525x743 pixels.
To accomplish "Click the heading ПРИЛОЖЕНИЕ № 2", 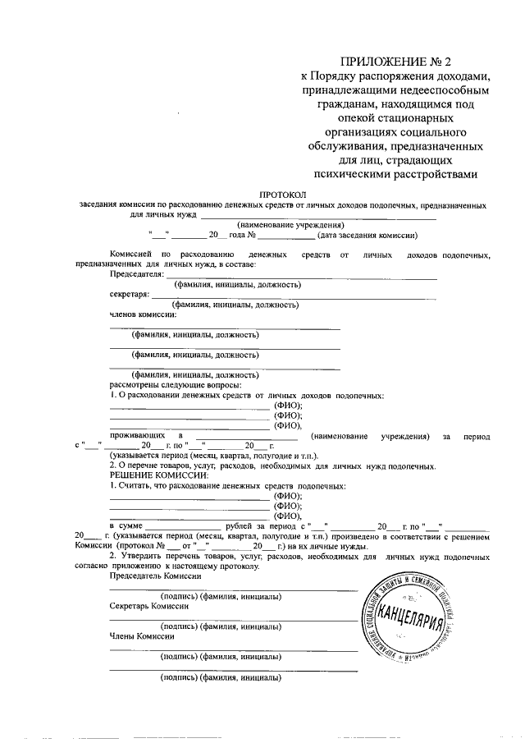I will [x=395, y=60].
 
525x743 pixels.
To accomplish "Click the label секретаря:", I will [x=130, y=295].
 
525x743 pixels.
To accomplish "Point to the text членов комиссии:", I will [x=143, y=314].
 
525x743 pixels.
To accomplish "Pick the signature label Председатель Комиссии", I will [x=155, y=576].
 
